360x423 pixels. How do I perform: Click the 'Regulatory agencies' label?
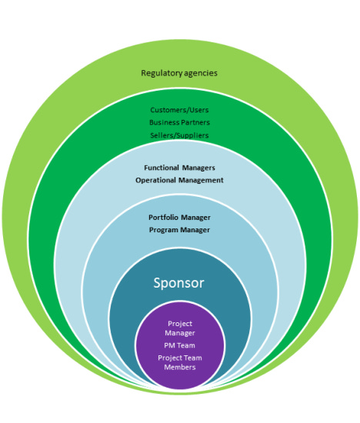179,73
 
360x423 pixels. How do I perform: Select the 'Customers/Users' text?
179,110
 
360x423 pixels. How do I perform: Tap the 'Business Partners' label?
179,122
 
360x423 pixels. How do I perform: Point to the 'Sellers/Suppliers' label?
179,135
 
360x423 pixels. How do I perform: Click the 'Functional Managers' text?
179,168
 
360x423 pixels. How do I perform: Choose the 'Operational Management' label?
179,180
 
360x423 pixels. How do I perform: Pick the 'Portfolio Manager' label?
179,218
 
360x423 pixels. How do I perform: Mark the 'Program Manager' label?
179,230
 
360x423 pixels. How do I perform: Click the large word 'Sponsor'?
178,283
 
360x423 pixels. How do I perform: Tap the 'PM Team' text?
179,345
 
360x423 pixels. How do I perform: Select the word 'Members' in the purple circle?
180,367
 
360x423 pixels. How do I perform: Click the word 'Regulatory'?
162,73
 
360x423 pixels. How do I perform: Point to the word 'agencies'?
201,73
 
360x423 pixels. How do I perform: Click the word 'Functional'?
162,168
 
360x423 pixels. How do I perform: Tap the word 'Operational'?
155,180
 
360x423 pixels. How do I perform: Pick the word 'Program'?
164,230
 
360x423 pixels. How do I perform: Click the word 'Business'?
164,122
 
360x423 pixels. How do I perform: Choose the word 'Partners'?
195,122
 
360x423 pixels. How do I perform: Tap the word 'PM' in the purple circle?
169,345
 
